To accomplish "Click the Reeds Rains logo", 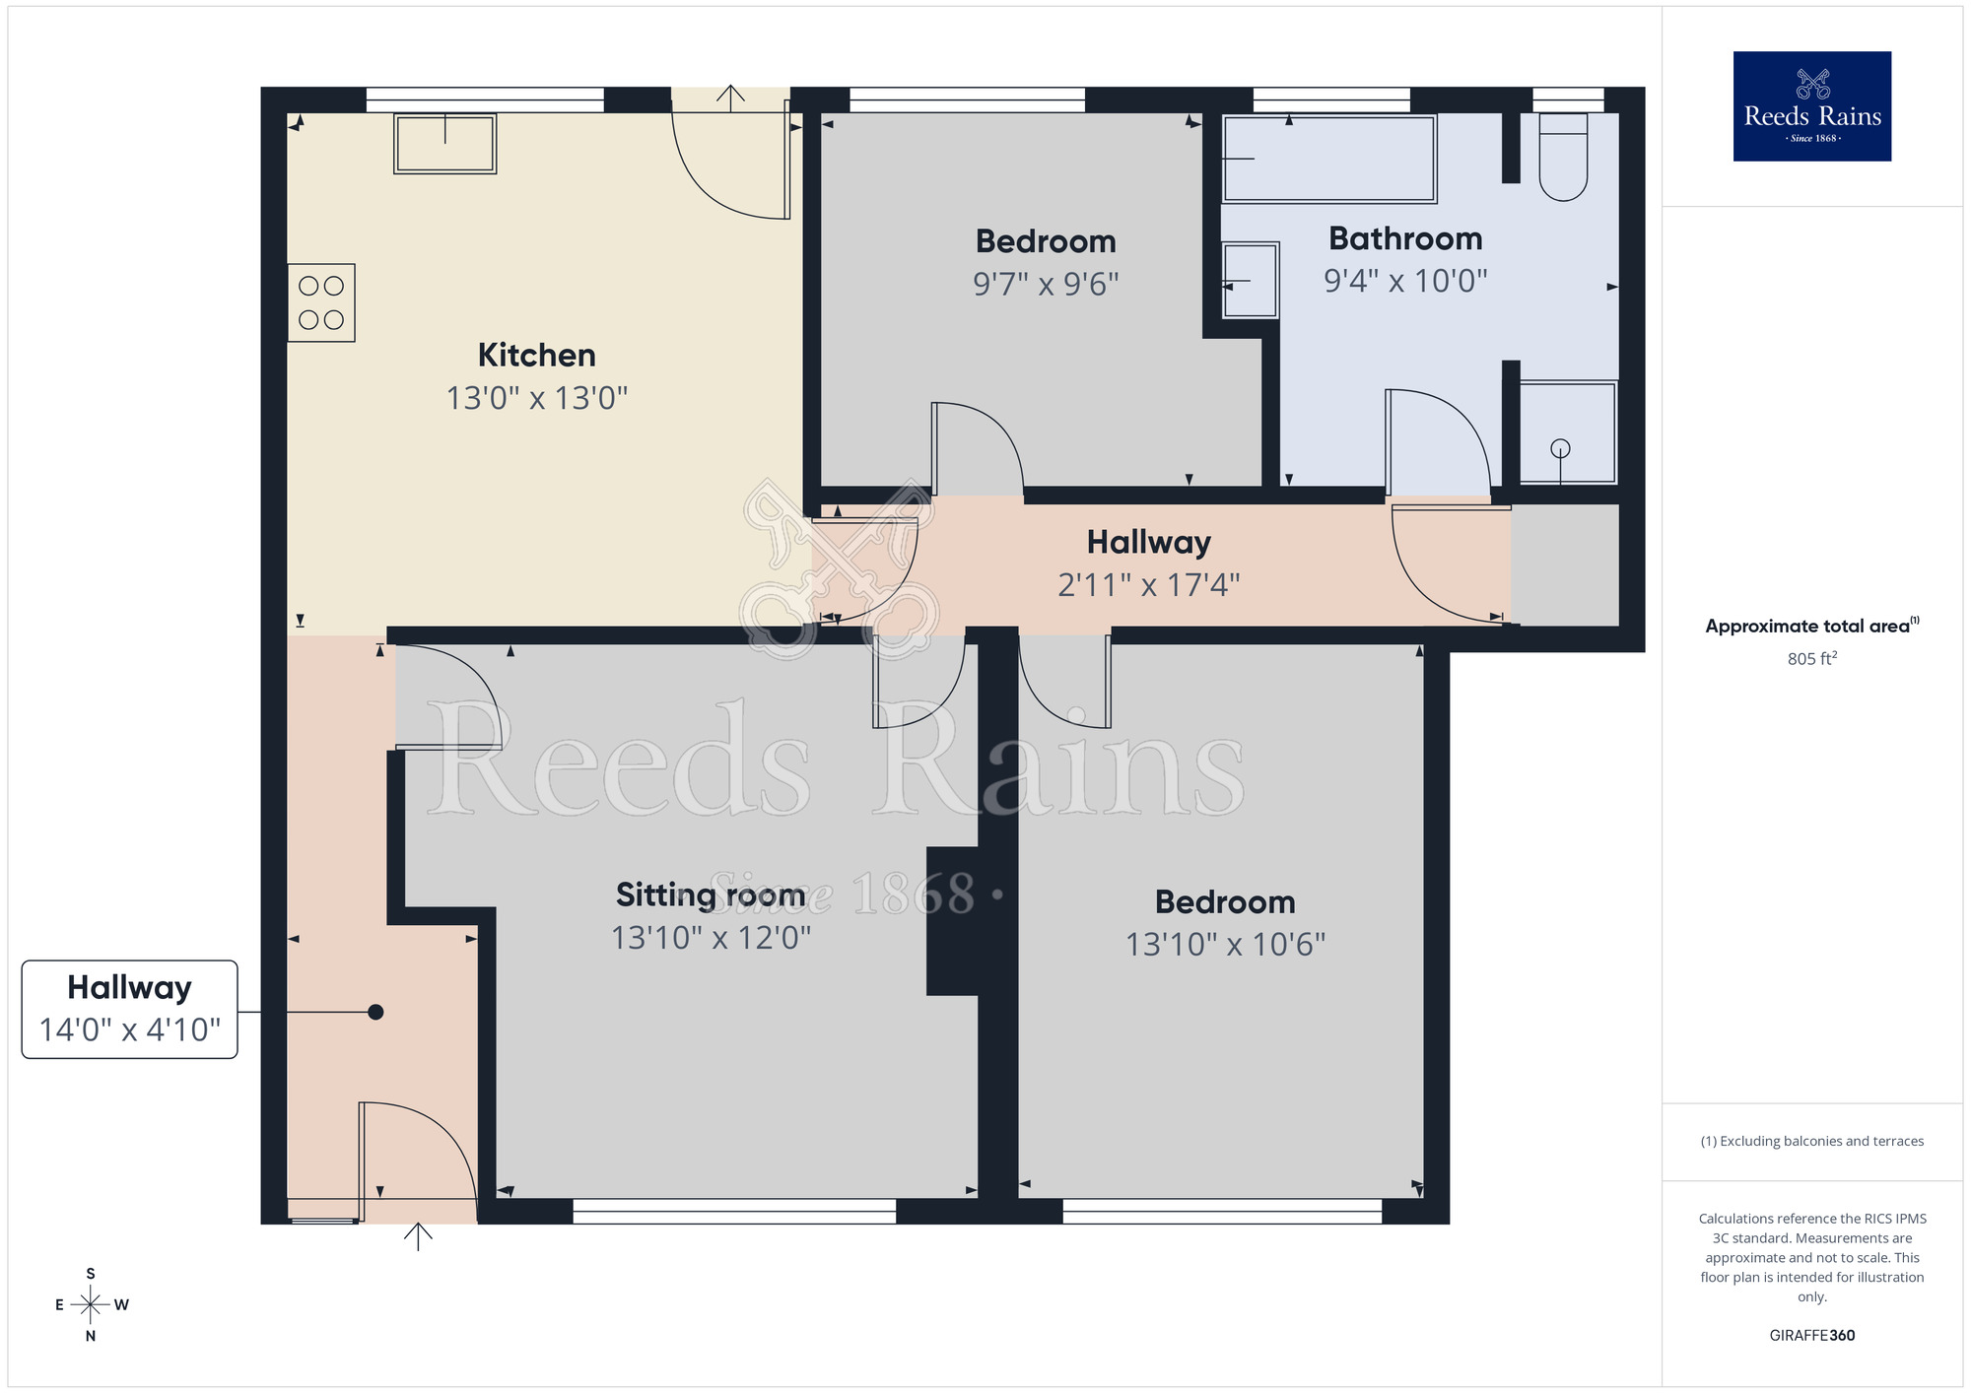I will [1811, 106].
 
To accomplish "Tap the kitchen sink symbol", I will [444, 144].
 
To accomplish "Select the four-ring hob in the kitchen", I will [321, 302].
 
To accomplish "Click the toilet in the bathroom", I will [1563, 158].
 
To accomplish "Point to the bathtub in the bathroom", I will [1328, 159].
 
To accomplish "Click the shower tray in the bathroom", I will [1567, 433].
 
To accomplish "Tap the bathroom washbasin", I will [1250, 281].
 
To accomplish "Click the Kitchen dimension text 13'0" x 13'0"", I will [536, 398].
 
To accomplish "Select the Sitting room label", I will [710, 895].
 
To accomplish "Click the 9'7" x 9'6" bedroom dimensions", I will [1046, 285].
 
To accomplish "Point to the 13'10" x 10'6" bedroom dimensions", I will [1225, 945].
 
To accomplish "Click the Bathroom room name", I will [1405, 238].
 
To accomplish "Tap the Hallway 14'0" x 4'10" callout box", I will [130, 1009].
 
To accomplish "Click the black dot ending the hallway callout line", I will [375, 1012].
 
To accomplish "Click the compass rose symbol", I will [91, 1305].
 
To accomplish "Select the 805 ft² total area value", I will [1811, 659].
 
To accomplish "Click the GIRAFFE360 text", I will [1811, 1336].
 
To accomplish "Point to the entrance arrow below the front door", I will [418, 1236].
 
